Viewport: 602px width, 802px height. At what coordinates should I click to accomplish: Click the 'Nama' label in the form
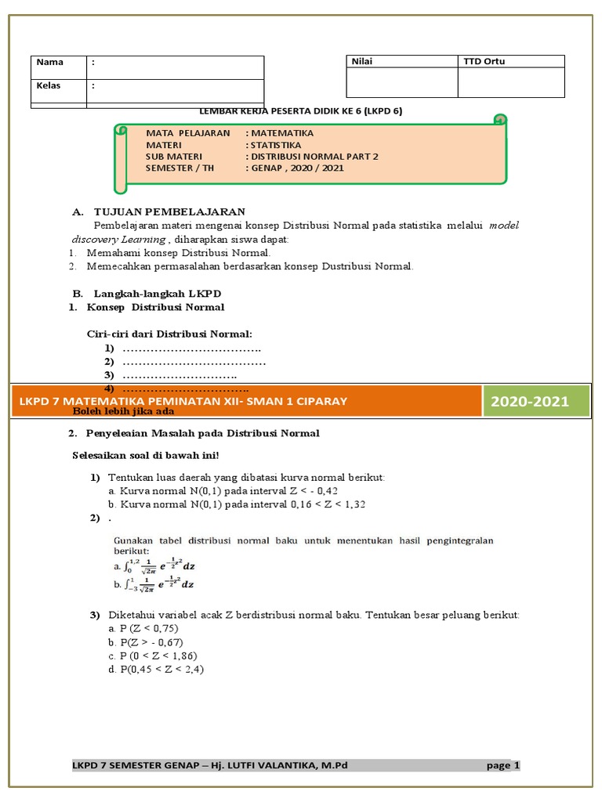[49, 62]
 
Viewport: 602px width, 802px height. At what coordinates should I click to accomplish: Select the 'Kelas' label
[49, 85]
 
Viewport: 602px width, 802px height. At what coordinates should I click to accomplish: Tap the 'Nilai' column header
[362, 61]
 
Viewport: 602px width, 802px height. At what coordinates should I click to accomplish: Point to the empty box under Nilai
[401, 82]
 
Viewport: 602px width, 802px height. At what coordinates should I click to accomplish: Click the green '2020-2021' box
[529, 402]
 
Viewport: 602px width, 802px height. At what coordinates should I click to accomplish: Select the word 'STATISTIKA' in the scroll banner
[275, 145]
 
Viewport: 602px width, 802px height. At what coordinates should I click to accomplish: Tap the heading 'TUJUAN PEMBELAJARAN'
[169, 211]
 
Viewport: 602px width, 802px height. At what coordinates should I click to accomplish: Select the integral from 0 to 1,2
[153, 566]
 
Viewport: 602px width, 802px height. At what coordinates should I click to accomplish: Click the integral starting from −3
[153, 583]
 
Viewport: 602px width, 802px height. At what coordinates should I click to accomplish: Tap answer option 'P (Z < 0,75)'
[143, 628]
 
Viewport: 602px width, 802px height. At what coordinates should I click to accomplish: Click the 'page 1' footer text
[502, 765]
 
